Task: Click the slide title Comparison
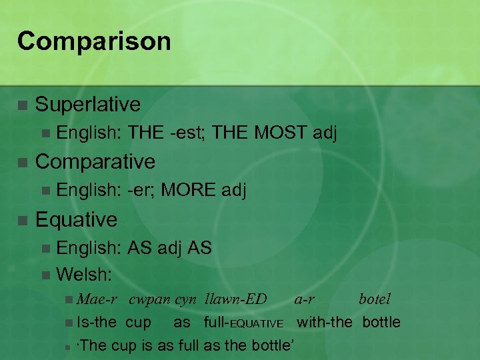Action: [94, 41]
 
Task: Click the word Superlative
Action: [88, 104]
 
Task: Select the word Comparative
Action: [95, 161]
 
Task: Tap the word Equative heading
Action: [76, 219]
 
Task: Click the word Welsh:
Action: [84, 273]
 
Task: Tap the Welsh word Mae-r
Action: [97, 299]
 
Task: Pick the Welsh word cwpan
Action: [150, 299]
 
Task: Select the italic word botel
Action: [375, 299]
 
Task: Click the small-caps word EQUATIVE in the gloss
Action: [256, 324]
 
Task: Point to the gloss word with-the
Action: [324, 322]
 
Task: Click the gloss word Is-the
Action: [97, 322]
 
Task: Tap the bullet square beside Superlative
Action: [22, 105]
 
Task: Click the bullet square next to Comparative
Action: [22, 163]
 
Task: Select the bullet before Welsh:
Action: [45, 274]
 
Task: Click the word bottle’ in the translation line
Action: [276, 345]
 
